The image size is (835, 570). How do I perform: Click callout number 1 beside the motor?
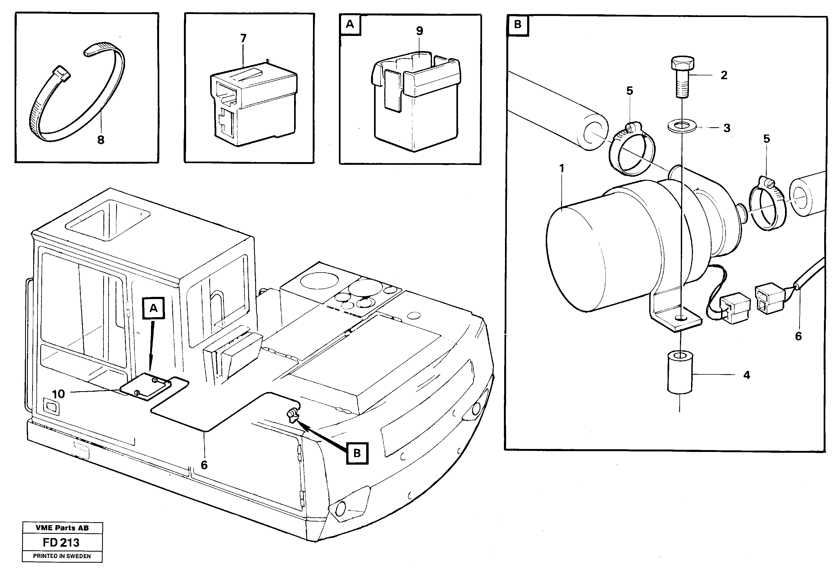(562, 168)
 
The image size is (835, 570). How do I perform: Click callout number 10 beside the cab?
(58, 394)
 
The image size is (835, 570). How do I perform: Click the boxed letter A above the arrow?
(153, 308)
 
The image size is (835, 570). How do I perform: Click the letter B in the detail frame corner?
(518, 25)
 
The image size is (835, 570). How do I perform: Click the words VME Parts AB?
(62, 528)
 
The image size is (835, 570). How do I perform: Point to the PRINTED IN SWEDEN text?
(62, 556)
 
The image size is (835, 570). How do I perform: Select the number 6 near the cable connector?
(798, 336)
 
